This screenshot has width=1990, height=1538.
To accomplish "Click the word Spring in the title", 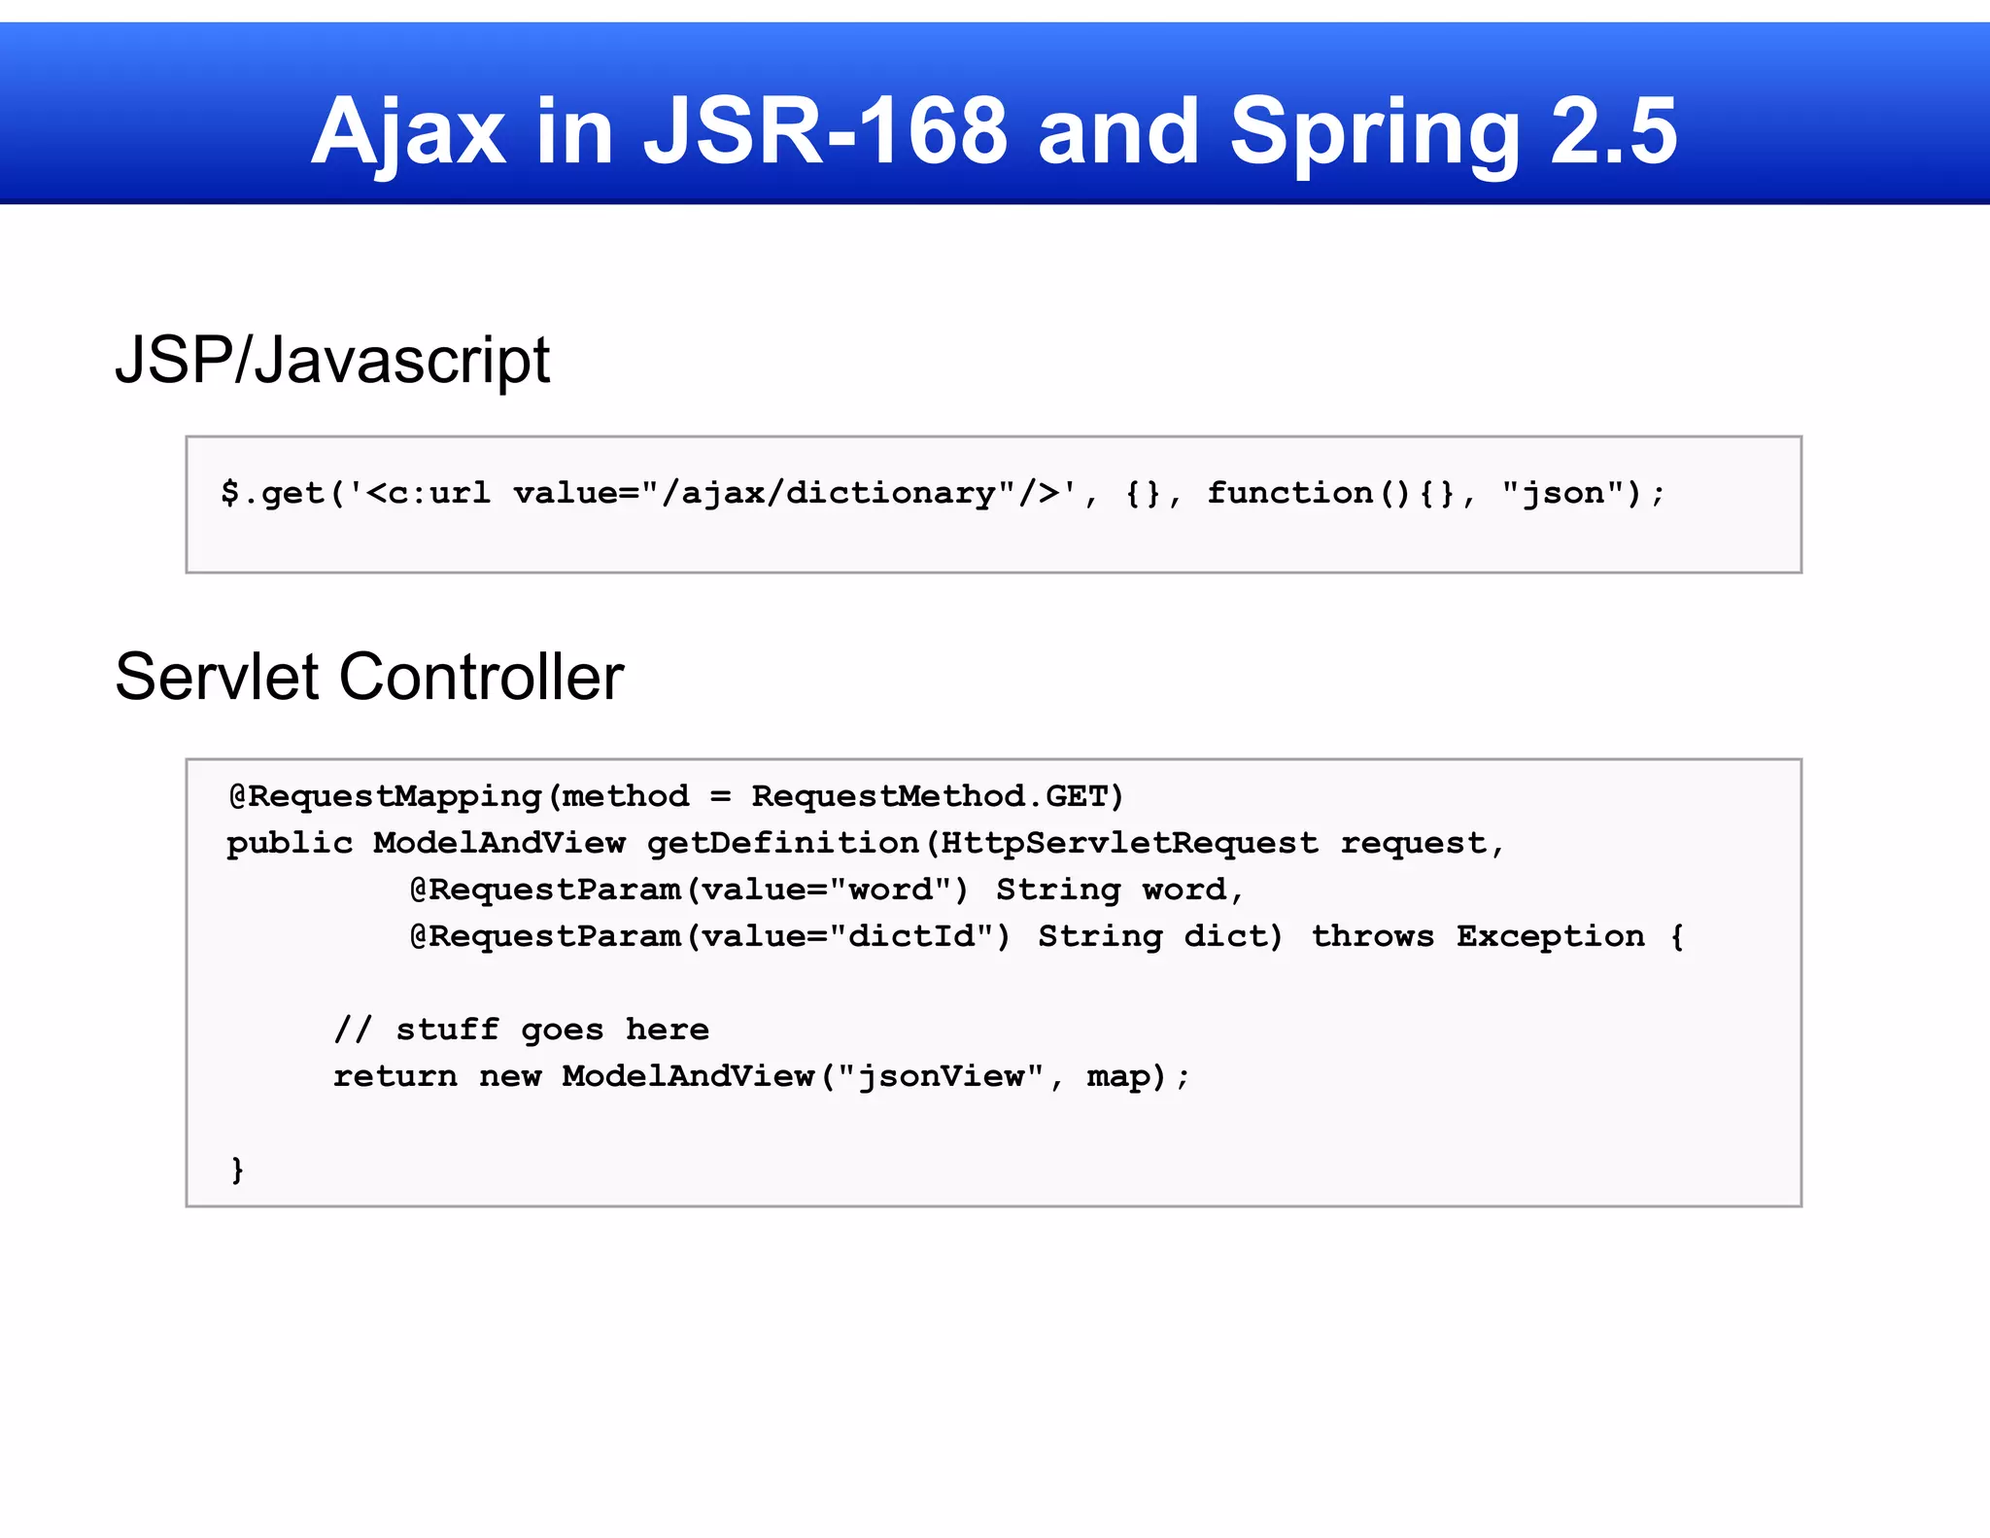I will pyautogui.click(x=1375, y=133).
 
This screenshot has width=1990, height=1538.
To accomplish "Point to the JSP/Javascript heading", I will pyautogui.click(x=332, y=360).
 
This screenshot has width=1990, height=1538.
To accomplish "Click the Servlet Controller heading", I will pyautogui.click(x=369, y=677).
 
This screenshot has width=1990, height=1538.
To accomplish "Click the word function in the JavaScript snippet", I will pyautogui.click(x=1289, y=494).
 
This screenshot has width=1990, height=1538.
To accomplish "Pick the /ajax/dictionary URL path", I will pyautogui.click(x=838, y=494).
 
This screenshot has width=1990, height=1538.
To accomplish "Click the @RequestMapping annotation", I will pyautogui.click(x=385, y=797).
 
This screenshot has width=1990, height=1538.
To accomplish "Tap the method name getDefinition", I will pyautogui.click(x=783, y=844).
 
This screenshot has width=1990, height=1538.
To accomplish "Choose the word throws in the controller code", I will pyautogui.click(x=1372, y=937).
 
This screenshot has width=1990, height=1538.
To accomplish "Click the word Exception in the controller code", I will pyautogui.click(x=1550, y=937).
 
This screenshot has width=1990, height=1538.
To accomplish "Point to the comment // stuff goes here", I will pyautogui.click(x=521, y=1030).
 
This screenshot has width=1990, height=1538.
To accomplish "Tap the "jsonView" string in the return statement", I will pyautogui.click(x=941, y=1077).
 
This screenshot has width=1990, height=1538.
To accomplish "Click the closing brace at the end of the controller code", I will pyautogui.click(x=237, y=1170).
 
